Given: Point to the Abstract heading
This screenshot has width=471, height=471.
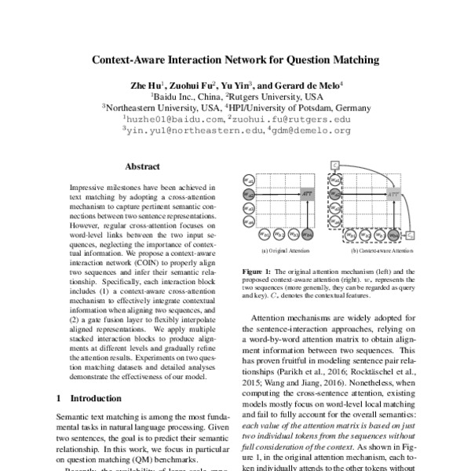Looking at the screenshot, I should pos(142,166).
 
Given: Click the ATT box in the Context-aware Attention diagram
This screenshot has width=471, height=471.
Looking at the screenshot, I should pos(393,192).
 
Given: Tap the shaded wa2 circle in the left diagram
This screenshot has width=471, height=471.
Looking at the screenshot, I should pos(247,192).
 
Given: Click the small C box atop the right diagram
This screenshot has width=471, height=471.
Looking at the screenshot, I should pos(334,166).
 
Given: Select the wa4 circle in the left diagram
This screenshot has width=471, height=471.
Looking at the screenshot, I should pos(247,222).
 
